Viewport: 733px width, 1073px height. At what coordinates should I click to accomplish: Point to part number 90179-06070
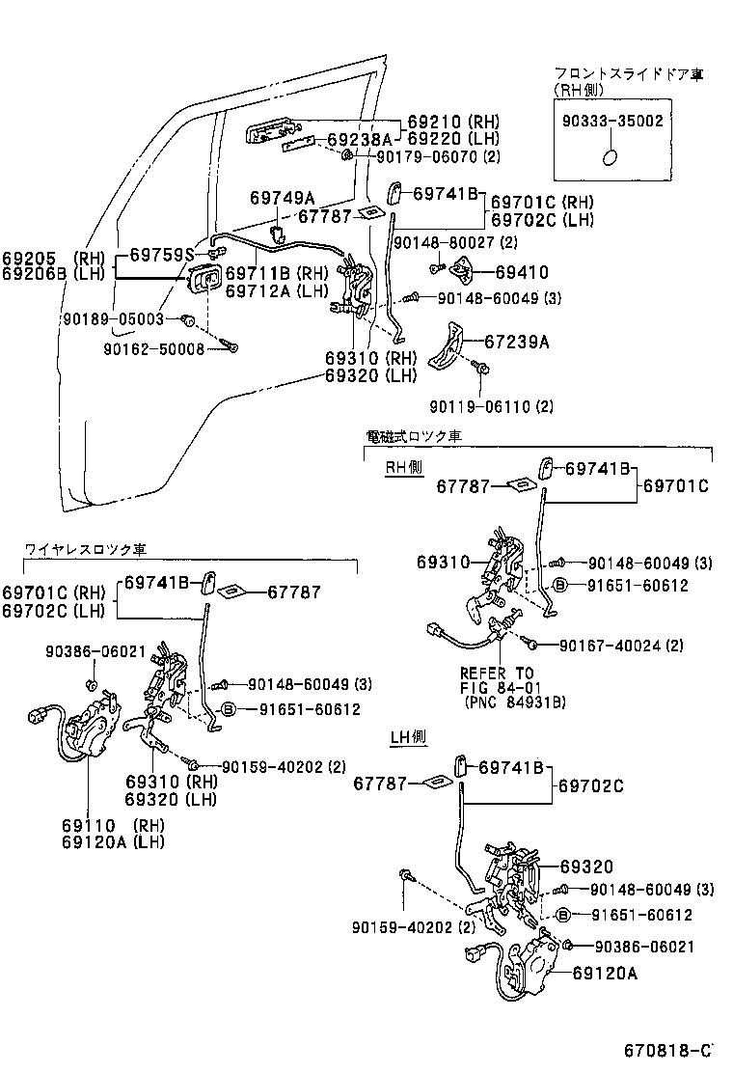click(x=427, y=156)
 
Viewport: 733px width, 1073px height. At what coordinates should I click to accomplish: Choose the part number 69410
click(x=522, y=273)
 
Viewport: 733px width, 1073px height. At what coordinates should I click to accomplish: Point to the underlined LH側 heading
click(x=409, y=738)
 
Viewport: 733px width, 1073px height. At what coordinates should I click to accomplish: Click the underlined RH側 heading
click(x=404, y=466)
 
